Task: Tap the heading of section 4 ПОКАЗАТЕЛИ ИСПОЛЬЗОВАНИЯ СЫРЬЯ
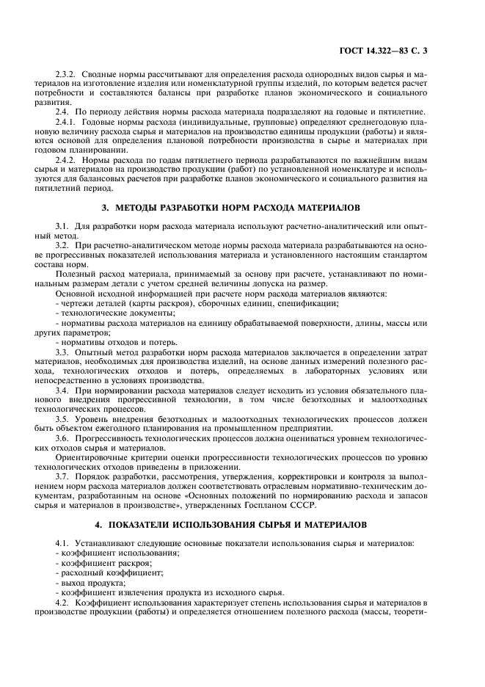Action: click(x=242, y=526)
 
